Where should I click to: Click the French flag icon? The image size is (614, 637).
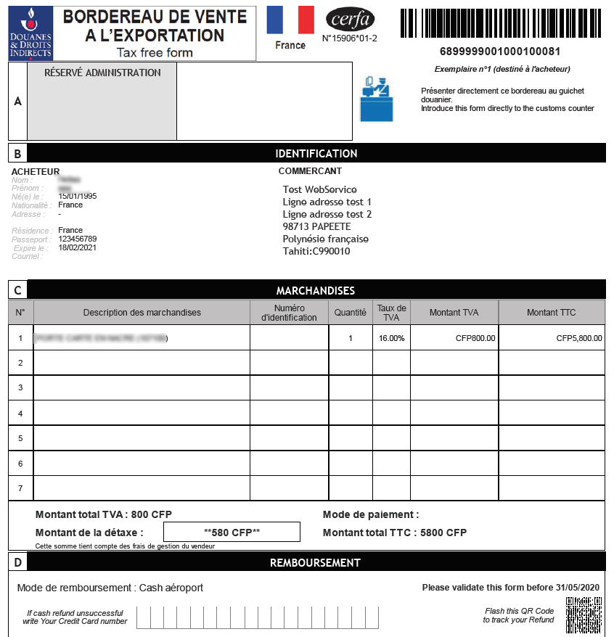[290, 20]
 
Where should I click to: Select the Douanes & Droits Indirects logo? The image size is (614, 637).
[30, 33]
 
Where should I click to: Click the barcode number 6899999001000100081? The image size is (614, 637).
[499, 52]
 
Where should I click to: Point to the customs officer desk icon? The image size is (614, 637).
[376, 99]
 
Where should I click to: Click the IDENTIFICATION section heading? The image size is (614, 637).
[316, 154]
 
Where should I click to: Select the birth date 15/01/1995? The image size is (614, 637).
[78, 197]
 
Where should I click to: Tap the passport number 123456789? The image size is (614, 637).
[78, 239]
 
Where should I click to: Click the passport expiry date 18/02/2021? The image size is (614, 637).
[78, 247]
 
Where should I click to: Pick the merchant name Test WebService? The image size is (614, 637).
[320, 189]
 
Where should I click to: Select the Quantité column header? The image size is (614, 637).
[351, 313]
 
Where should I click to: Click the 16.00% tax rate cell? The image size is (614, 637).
[392, 338]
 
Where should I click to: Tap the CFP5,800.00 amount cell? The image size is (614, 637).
[579, 338]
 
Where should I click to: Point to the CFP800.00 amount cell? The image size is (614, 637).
[475, 338]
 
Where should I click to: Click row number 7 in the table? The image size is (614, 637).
[20, 488]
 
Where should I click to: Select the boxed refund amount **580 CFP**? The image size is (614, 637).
[232, 533]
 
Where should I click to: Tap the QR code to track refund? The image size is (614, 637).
[584, 615]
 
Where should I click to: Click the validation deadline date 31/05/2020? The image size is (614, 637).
[580, 588]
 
